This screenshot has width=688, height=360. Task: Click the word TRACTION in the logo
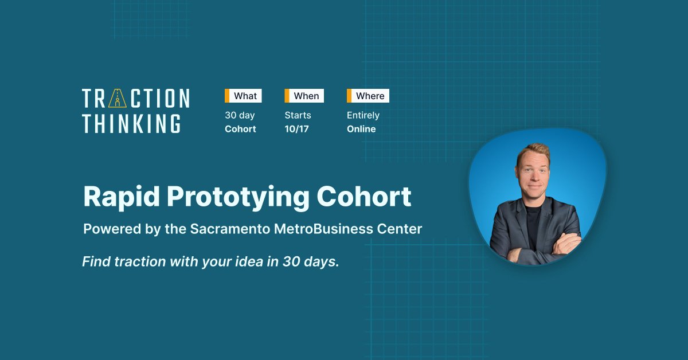coord(135,99)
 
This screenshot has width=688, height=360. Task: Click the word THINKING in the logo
coord(131,123)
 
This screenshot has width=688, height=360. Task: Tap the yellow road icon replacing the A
coord(118,99)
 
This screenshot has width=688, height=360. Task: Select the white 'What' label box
coord(245,96)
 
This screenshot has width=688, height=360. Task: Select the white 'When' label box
coord(306,96)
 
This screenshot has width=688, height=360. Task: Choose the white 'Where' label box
coord(370,96)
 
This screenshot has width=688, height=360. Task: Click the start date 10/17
coord(296,129)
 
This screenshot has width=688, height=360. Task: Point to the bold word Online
coord(361,129)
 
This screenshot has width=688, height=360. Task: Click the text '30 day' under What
coord(240,115)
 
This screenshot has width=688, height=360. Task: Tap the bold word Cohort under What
coord(240,129)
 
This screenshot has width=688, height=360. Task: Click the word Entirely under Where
coord(363,115)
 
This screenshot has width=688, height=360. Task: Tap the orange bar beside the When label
coord(287,96)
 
